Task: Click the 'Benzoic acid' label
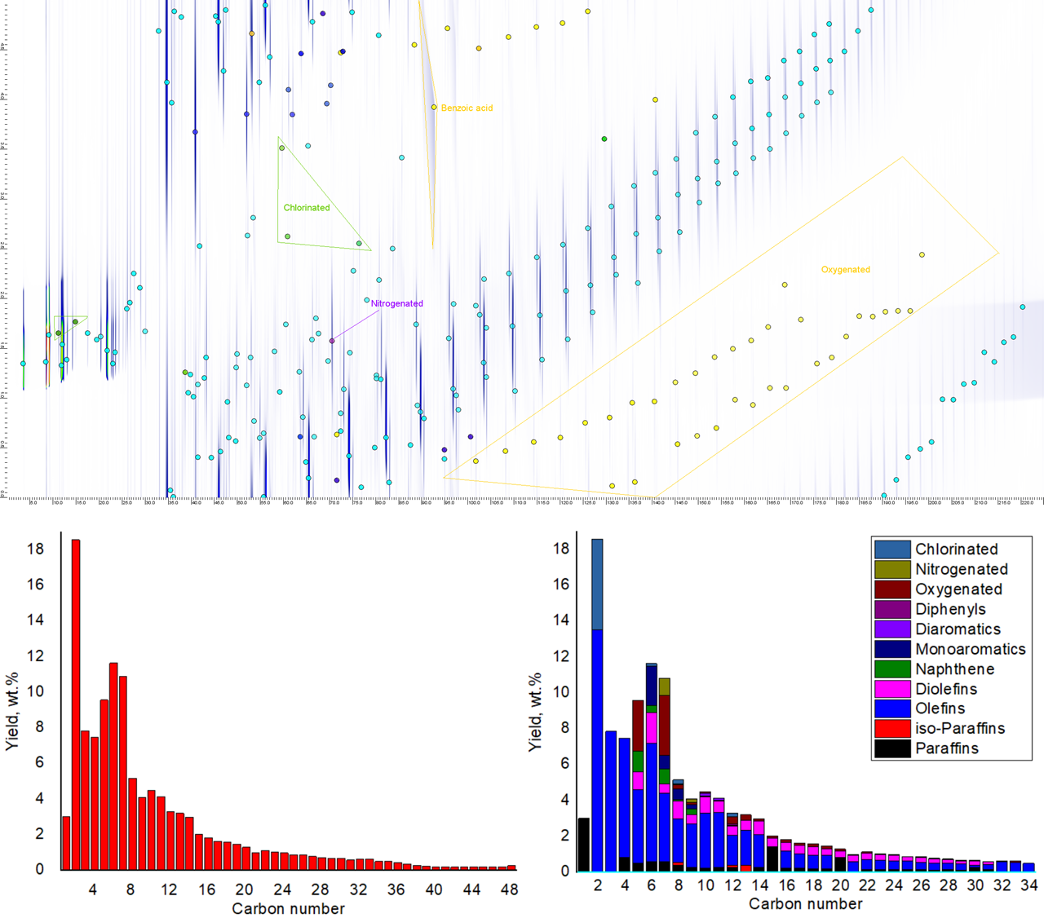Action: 467,108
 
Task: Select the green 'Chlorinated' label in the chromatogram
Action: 307,208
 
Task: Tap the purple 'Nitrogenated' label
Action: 397,303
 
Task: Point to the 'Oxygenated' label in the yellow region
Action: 845,270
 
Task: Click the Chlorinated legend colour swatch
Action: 891,549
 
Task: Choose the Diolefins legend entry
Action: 945,689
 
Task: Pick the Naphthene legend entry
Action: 954,669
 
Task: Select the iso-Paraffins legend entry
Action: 959,729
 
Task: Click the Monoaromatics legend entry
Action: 970,649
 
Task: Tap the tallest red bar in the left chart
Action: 76,704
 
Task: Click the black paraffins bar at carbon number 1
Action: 584,844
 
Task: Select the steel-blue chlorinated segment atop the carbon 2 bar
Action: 597,584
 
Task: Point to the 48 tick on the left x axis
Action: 510,890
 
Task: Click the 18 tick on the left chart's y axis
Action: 35,549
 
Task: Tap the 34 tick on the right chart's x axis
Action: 1029,885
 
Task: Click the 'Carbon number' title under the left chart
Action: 288,909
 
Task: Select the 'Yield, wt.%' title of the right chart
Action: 535,713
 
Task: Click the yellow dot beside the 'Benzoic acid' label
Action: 434,108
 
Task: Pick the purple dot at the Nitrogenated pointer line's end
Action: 332,341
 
